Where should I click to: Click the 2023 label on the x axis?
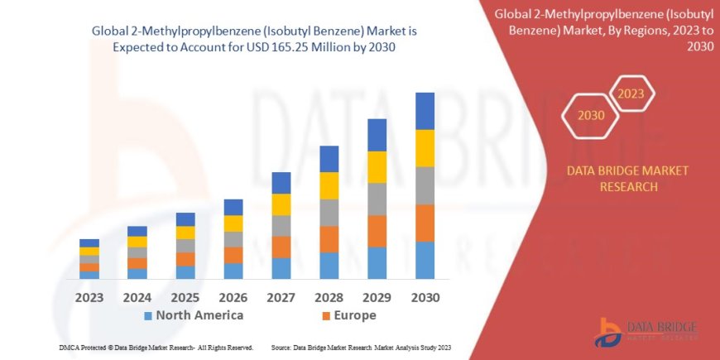(x=89, y=297)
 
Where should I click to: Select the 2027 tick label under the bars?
(x=281, y=297)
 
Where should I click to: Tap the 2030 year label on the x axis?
(x=425, y=297)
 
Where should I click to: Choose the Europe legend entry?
(x=348, y=315)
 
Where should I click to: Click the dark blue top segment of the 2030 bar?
(x=425, y=111)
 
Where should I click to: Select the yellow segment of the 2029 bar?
(x=377, y=167)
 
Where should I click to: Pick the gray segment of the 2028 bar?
(x=329, y=213)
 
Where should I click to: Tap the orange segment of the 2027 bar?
(x=281, y=247)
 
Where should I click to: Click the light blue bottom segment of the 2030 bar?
(x=425, y=260)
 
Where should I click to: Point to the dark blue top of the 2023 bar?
(x=89, y=242)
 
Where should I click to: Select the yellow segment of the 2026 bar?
(x=233, y=223)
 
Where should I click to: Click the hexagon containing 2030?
(x=590, y=115)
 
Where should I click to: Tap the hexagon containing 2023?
(x=632, y=93)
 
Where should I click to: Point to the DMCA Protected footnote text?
(x=156, y=348)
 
